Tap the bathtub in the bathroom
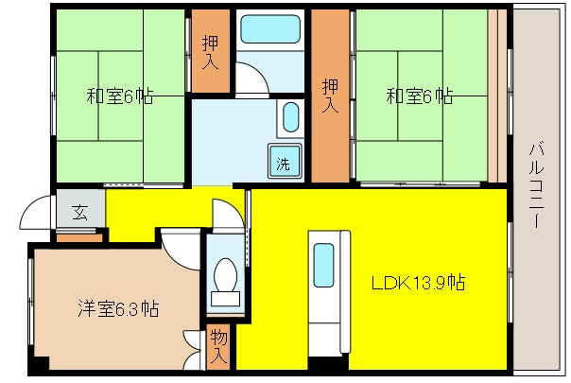270,29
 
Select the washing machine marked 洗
285,161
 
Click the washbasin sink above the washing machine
291,117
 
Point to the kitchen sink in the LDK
323,265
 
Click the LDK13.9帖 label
418,283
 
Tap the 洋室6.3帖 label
118,308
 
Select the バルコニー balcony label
536,184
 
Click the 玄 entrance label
79,212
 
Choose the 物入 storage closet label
218,346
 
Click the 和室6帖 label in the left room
120,96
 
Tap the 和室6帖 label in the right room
420,96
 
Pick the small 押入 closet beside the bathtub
211,51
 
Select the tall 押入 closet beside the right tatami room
330,96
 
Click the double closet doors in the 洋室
193,350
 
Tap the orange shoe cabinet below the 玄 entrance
79,238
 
